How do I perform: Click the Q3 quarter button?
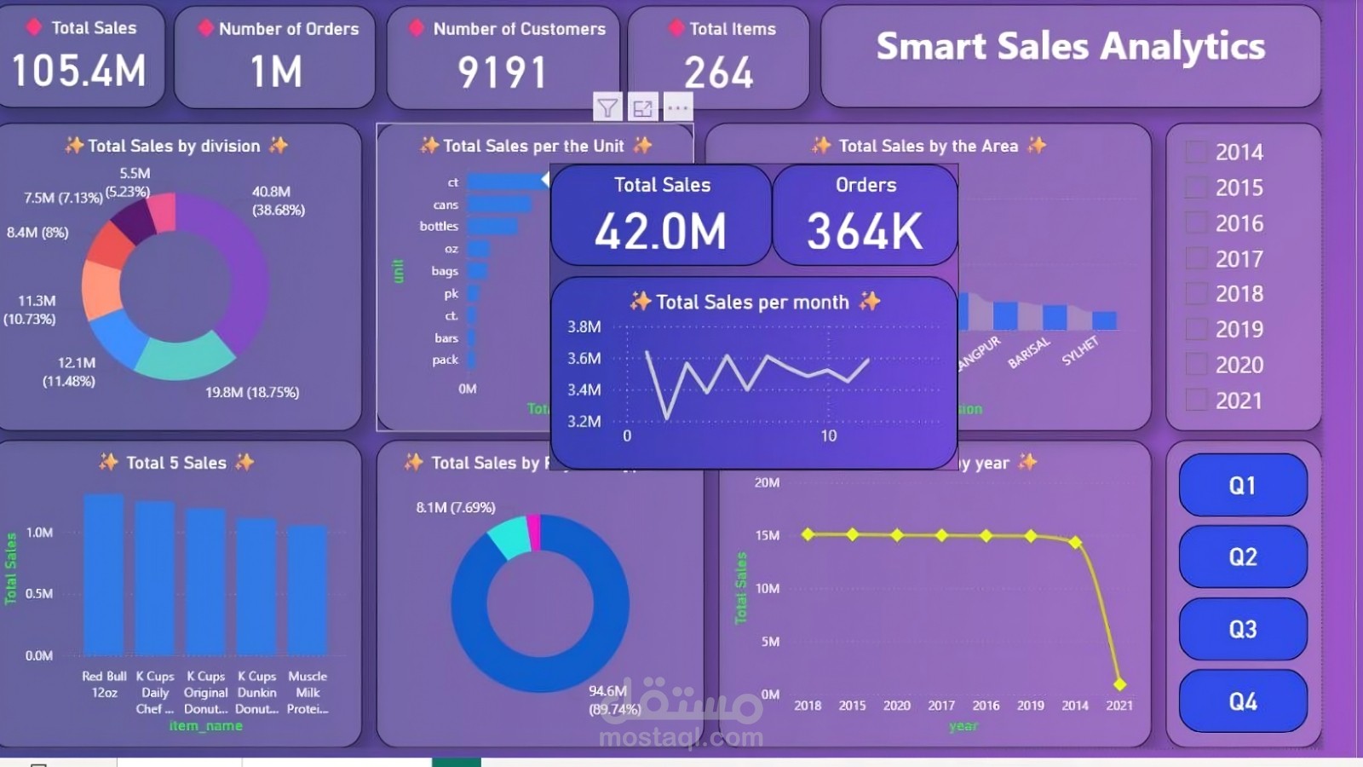pyautogui.click(x=1242, y=629)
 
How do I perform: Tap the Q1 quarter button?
pyautogui.click(x=1242, y=486)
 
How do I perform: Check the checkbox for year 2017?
pyautogui.click(x=1197, y=258)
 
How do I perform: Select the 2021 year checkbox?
pyautogui.click(x=1197, y=400)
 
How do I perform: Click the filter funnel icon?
pyautogui.click(x=607, y=108)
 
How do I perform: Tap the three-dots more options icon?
pyautogui.click(x=678, y=108)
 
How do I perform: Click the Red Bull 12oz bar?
pyautogui.click(x=104, y=575)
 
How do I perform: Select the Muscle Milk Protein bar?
pyautogui.click(x=308, y=591)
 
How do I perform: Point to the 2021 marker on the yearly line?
pyautogui.click(x=1119, y=683)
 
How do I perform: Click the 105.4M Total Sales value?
pyautogui.click(x=79, y=71)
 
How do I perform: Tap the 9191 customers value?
pyautogui.click(x=502, y=72)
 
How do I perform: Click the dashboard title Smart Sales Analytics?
pyautogui.click(x=1070, y=47)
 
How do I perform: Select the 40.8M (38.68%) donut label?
pyautogui.click(x=278, y=200)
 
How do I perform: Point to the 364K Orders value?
pyautogui.click(x=865, y=231)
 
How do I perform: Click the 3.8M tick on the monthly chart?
pyautogui.click(x=584, y=326)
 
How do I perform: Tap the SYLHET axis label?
pyautogui.click(x=1080, y=350)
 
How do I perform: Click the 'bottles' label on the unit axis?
pyautogui.click(x=439, y=226)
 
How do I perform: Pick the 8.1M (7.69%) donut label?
pyautogui.click(x=456, y=507)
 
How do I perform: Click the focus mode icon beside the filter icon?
pyautogui.click(x=642, y=108)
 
